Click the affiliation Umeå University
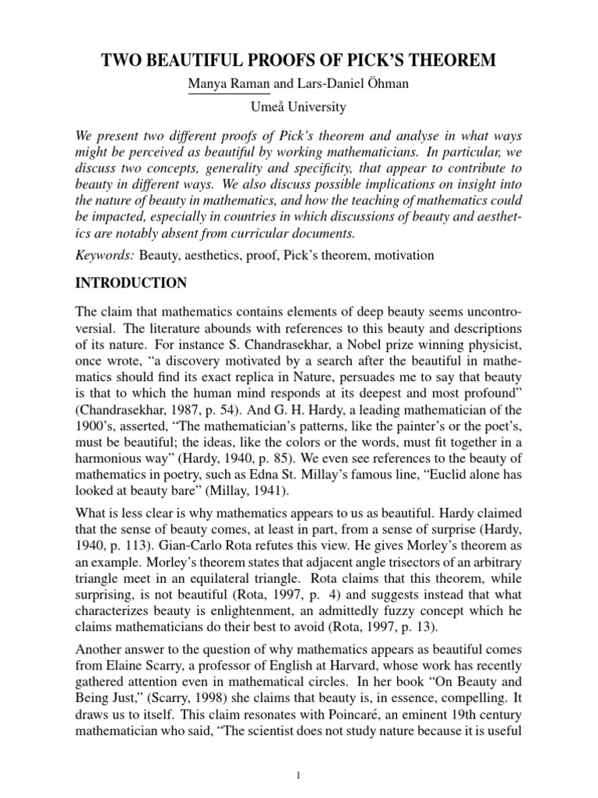pos(299,106)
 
